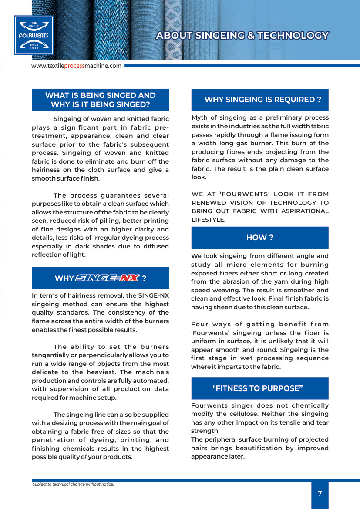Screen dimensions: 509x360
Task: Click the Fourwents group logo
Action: (34, 35)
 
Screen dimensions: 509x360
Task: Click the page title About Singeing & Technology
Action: (242, 36)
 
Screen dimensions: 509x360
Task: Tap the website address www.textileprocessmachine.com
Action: (76, 66)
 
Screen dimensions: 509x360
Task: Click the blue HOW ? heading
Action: (259, 238)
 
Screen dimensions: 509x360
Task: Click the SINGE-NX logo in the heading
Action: (108, 278)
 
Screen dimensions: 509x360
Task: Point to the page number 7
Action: (320, 493)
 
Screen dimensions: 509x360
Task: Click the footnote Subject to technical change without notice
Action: (73, 484)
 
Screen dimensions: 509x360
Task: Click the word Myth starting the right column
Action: (199, 117)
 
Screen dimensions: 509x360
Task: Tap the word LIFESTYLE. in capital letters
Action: (209, 220)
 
